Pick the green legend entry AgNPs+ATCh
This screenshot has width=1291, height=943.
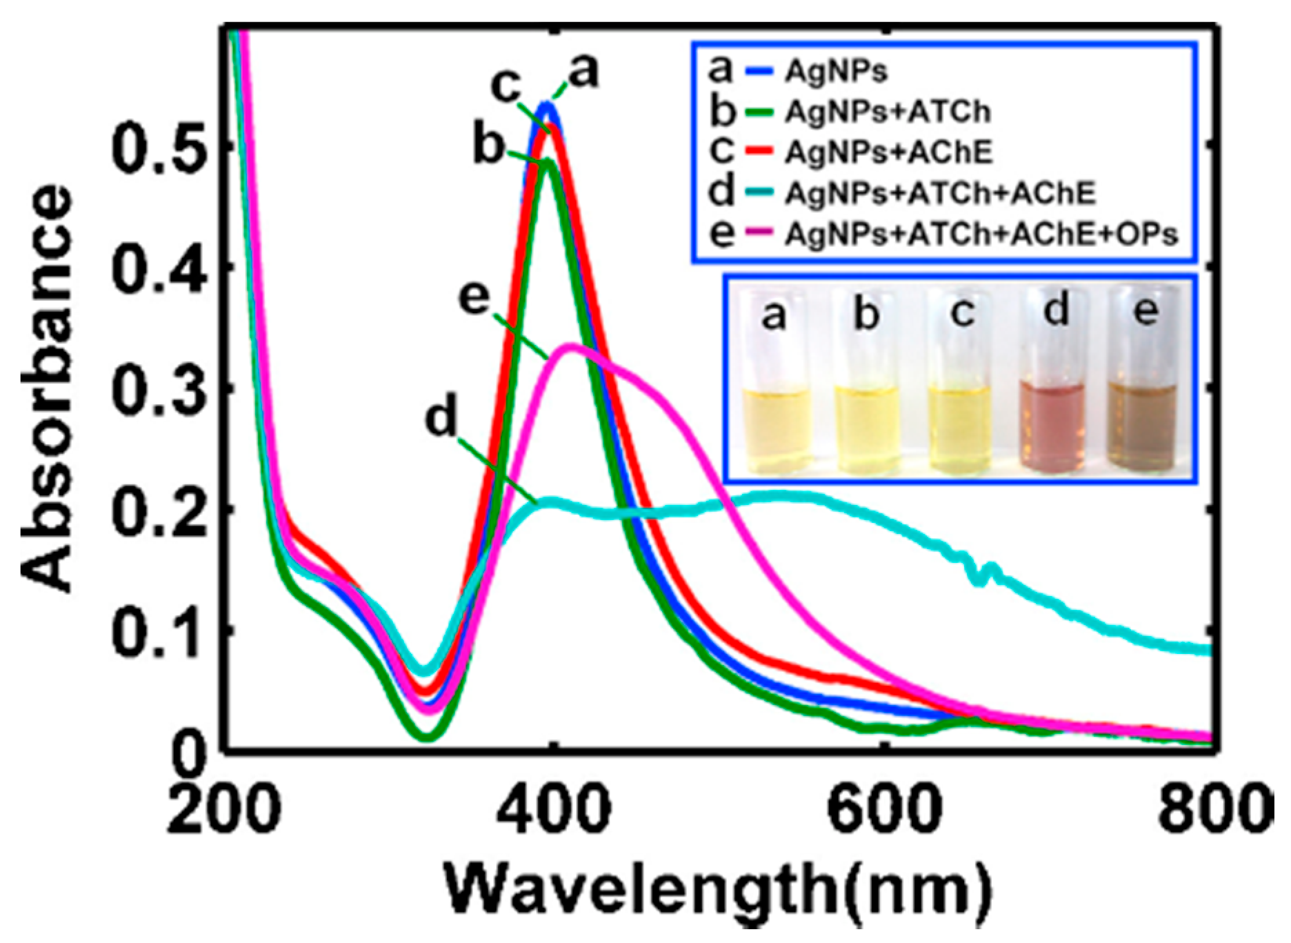pos(886,112)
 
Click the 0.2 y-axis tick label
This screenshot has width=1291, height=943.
pos(158,509)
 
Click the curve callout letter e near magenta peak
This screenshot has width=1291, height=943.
pos(477,301)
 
